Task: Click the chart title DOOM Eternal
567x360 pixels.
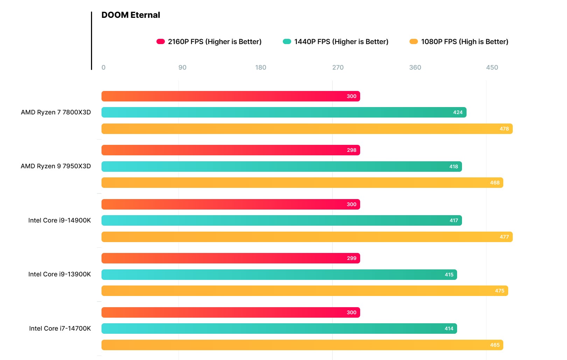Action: click(x=131, y=15)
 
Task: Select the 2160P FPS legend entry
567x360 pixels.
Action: click(x=209, y=42)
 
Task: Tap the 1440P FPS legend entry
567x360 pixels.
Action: click(x=336, y=42)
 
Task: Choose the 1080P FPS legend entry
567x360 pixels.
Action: click(x=459, y=42)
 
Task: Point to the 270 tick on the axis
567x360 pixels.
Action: click(x=338, y=68)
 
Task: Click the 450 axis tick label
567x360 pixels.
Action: click(x=492, y=68)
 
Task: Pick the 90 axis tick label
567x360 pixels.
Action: click(x=182, y=68)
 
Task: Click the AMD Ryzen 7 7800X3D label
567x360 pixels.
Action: click(x=56, y=112)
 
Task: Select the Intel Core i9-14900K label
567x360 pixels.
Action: click(x=59, y=220)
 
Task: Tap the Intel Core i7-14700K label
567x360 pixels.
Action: click(x=60, y=329)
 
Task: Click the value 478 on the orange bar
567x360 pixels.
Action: click(x=504, y=129)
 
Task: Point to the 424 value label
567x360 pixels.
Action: click(x=457, y=112)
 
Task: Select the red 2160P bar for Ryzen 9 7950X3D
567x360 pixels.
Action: click(x=231, y=150)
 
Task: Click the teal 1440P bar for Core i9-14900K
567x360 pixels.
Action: click(x=281, y=220)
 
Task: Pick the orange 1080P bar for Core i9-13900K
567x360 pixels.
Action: click(x=304, y=291)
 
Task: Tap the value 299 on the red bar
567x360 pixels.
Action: click(x=351, y=258)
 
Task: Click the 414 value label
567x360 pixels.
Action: click(x=449, y=329)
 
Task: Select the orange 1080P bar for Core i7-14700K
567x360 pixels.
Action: click(x=302, y=345)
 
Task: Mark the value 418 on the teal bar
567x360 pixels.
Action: click(x=454, y=167)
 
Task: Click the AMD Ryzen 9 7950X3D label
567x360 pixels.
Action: click(x=56, y=166)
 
